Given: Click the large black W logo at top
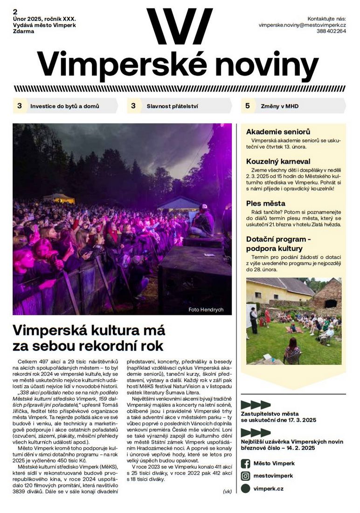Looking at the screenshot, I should coord(180,27).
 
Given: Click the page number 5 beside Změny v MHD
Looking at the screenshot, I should coord(248,106).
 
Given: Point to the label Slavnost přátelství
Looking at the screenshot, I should coord(172,106).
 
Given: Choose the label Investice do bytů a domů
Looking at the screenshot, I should coord(65,106).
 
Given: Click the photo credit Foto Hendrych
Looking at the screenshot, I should coord(206,310).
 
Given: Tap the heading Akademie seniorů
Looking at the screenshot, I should coord(278,132).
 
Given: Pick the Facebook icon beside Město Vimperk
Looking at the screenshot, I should coord(245,464).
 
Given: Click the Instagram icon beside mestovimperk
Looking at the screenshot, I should coord(245,476).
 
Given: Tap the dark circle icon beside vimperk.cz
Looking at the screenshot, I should coord(245,489).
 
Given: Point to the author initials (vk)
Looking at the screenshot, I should coord(227,491).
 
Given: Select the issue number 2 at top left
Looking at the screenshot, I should coord(15,11).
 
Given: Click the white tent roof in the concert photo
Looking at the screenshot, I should coord(179,201).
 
